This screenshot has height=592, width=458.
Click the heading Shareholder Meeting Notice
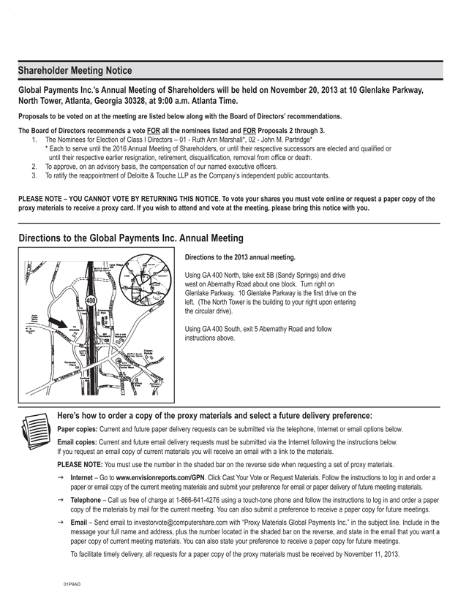75,71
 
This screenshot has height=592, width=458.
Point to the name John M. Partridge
286,140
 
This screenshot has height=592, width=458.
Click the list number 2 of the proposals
34,167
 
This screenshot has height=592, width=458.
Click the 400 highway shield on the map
91,300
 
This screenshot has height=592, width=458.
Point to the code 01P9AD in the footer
72,584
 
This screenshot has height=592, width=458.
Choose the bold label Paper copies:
79,429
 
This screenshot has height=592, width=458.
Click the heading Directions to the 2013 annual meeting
240,257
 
